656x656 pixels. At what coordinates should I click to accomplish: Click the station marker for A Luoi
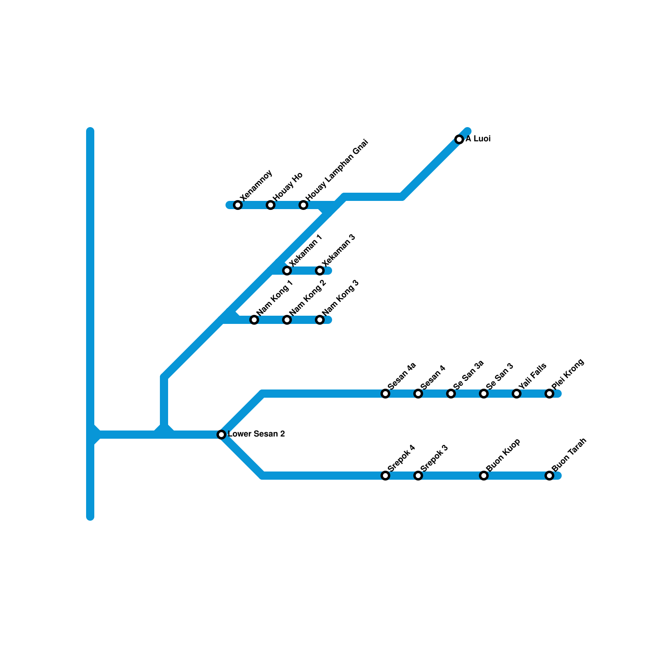pyautogui.click(x=459, y=139)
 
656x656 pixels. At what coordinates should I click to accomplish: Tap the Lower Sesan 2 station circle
pyautogui.click(x=221, y=435)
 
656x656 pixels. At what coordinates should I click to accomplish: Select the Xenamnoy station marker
pyautogui.click(x=238, y=205)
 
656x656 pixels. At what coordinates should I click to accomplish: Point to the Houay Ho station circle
pyautogui.click(x=271, y=205)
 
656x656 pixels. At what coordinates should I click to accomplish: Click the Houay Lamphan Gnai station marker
pyautogui.click(x=303, y=205)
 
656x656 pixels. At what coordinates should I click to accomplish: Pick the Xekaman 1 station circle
pyautogui.click(x=287, y=271)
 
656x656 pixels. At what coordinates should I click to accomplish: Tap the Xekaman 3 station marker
pyautogui.click(x=320, y=271)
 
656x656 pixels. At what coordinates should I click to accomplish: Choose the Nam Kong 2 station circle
pyautogui.click(x=287, y=320)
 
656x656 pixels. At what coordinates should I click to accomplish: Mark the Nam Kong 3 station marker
pyautogui.click(x=320, y=320)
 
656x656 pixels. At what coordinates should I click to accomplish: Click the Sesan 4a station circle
pyautogui.click(x=385, y=394)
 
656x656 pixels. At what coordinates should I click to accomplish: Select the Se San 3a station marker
pyautogui.click(x=451, y=394)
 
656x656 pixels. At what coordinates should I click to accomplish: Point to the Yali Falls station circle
pyautogui.click(x=517, y=394)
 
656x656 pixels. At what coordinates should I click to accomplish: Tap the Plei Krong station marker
pyautogui.click(x=549, y=394)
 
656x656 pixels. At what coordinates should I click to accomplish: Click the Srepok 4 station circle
pyautogui.click(x=385, y=476)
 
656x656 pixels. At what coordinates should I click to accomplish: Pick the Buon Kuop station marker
pyautogui.click(x=484, y=476)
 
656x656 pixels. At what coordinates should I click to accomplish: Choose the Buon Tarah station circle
pyautogui.click(x=549, y=476)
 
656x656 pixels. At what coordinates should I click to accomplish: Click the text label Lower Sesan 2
pyautogui.click(x=256, y=434)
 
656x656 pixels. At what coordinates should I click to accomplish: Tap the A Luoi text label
pyautogui.click(x=478, y=139)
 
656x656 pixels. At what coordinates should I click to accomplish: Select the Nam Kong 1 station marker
pyautogui.click(x=254, y=320)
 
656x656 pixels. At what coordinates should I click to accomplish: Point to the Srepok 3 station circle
pyautogui.click(x=418, y=476)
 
